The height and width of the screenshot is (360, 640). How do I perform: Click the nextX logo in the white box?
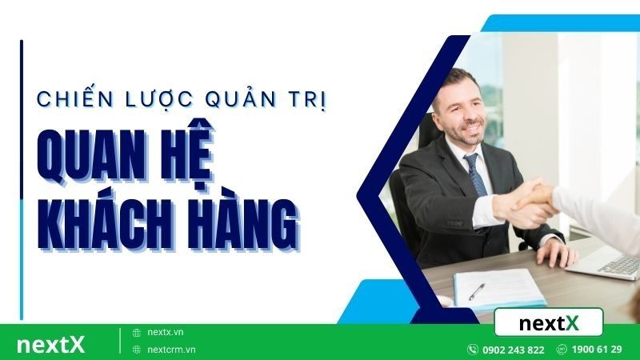tap(549, 323)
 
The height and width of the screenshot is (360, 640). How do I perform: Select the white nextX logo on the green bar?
tap(50, 345)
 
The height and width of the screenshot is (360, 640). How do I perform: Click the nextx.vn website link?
tap(166, 332)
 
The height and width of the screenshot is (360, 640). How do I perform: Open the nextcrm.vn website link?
tap(171, 350)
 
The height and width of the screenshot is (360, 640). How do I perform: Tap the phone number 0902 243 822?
tap(513, 350)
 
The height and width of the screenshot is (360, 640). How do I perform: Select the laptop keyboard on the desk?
tap(620, 263)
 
